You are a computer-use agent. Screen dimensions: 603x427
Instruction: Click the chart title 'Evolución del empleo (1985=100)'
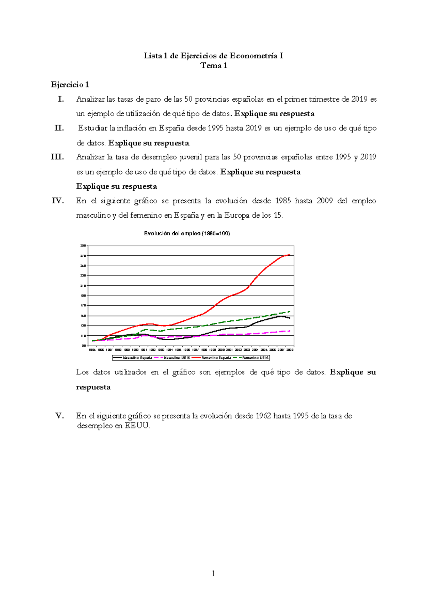[187, 234]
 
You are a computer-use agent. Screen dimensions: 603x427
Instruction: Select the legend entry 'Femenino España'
[216, 358]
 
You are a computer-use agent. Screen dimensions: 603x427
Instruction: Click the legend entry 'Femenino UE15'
[255, 358]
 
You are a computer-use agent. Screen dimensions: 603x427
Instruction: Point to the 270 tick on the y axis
[83, 256]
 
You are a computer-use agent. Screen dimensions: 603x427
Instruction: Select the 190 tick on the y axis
[83, 296]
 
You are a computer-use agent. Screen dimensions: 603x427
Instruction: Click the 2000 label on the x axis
[221, 350]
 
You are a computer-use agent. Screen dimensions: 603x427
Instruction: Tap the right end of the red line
[290, 255]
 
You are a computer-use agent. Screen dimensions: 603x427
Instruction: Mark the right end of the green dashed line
[290, 311]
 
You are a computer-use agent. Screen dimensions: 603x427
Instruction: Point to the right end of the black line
[290, 318]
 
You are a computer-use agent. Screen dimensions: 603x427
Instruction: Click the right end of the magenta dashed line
[290, 331]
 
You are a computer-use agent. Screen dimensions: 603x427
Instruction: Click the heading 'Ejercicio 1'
[70, 85]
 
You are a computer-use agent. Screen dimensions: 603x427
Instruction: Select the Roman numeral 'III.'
[58, 157]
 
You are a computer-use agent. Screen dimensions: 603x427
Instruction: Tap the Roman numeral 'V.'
[60, 416]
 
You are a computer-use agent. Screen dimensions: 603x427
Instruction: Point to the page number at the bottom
[213, 573]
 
